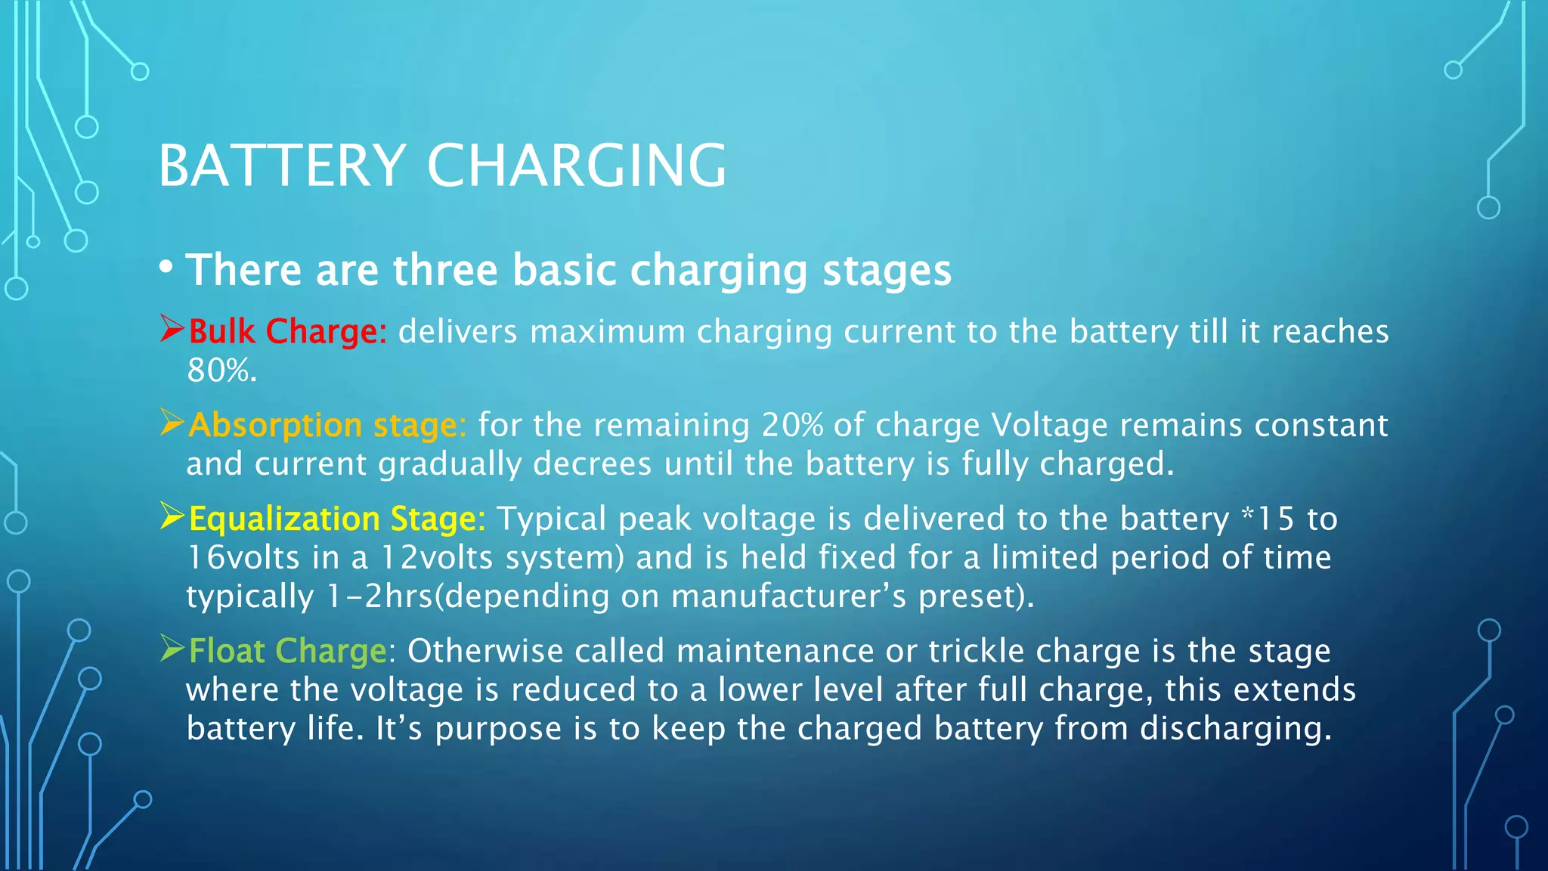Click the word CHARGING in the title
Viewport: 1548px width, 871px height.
tap(576, 166)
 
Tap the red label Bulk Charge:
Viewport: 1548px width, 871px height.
tap(287, 331)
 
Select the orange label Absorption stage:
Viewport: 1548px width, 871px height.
tap(327, 425)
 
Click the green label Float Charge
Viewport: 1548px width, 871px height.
tap(287, 651)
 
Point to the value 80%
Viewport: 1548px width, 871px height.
tap(221, 370)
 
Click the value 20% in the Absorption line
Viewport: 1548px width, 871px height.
tap(792, 425)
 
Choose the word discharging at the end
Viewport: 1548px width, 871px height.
tap(1235, 729)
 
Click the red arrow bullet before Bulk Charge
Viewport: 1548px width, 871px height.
tap(172, 330)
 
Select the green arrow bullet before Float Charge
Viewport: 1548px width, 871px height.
tap(172, 649)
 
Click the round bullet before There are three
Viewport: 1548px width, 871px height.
tap(166, 267)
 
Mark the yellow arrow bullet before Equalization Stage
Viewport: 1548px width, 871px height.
tap(172, 516)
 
